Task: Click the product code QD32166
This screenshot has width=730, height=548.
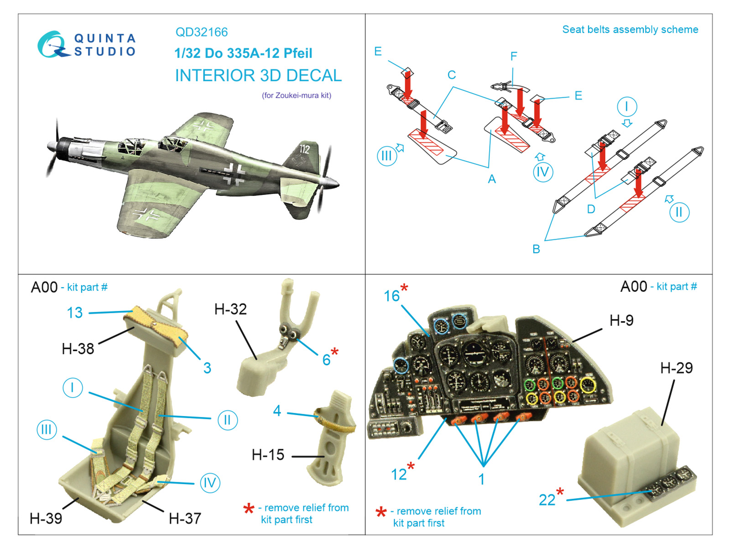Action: pyautogui.click(x=201, y=32)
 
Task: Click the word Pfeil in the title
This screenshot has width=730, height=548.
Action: pyautogui.click(x=297, y=53)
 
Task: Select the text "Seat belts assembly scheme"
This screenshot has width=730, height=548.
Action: pyautogui.click(x=630, y=30)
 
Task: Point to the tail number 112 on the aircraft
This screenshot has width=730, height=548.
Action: pyautogui.click(x=304, y=149)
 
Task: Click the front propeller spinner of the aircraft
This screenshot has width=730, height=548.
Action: pyautogui.click(x=52, y=146)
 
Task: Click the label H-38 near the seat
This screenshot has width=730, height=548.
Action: pyautogui.click(x=78, y=349)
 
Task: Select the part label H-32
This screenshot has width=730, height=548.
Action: pyautogui.click(x=230, y=309)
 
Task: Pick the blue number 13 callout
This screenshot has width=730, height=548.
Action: pyautogui.click(x=75, y=313)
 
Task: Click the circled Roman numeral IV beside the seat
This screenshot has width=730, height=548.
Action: pyautogui.click(x=210, y=483)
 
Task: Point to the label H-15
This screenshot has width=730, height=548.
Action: pyautogui.click(x=268, y=455)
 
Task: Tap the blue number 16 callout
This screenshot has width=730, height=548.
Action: pyautogui.click(x=392, y=296)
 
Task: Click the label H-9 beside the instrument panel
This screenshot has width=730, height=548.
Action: pyautogui.click(x=621, y=321)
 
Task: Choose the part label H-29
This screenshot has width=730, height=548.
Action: pyautogui.click(x=676, y=368)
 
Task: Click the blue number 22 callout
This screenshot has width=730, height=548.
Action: pyautogui.click(x=547, y=500)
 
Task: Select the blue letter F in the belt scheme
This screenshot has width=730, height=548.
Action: pyautogui.click(x=514, y=56)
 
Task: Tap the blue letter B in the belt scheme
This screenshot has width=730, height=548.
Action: pyautogui.click(x=536, y=249)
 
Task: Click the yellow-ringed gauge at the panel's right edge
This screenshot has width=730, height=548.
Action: pyautogui.click(x=588, y=385)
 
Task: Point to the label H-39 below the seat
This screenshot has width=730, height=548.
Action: pyautogui.click(x=46, y=518)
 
